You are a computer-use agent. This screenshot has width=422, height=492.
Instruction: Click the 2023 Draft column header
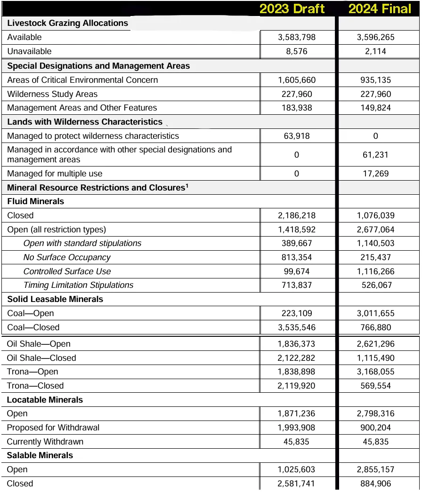point(292,8)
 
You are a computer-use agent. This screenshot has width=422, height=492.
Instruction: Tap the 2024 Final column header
point(380,8)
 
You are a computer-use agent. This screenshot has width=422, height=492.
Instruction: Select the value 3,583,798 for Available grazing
point(297,37)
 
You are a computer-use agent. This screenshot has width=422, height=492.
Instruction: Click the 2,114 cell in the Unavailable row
point(375,51)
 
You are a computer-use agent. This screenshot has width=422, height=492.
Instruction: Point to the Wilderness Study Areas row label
point(52,94)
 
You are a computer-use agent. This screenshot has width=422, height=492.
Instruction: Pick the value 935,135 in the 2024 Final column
point(375,80)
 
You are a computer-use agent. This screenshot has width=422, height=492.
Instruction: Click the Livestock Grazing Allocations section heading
point(67,23)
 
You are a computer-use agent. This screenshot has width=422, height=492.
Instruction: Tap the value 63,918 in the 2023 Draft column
point(297,136)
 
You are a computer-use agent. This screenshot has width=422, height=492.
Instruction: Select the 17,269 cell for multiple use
point(375,174)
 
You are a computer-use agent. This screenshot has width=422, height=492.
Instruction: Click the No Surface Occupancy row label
point(67,257)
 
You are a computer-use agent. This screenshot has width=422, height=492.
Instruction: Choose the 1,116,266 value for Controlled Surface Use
point(375,271)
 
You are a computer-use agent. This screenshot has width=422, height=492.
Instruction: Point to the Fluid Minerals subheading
point(35,201)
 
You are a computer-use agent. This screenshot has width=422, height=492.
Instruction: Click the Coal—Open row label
point(30,313)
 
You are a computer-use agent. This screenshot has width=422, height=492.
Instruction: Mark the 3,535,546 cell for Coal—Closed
point(297,327)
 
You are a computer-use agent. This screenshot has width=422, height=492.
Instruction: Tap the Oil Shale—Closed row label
point(41,358)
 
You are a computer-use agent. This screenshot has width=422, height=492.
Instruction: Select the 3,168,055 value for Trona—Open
point(375,372)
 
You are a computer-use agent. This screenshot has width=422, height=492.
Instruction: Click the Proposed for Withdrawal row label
point(53,428)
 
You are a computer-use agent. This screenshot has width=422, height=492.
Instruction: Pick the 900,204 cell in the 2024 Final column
point(375,428)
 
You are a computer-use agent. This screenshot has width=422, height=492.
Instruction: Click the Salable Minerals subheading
point(40,455)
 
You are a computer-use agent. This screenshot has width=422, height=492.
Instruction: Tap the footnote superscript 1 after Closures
point(187,185)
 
